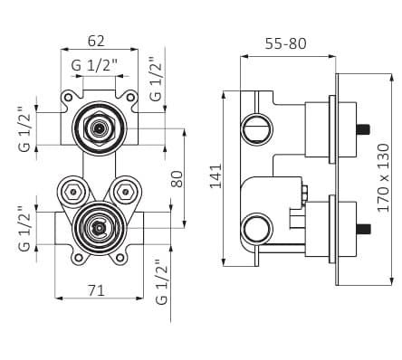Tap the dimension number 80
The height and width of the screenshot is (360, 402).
177,179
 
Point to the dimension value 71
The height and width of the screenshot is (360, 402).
97,289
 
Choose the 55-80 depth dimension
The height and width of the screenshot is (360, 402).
287,42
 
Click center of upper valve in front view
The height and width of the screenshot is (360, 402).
98,128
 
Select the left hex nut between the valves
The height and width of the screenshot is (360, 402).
72,192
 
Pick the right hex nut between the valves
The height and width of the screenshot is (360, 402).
123,192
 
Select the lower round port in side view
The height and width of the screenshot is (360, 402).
256,229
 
